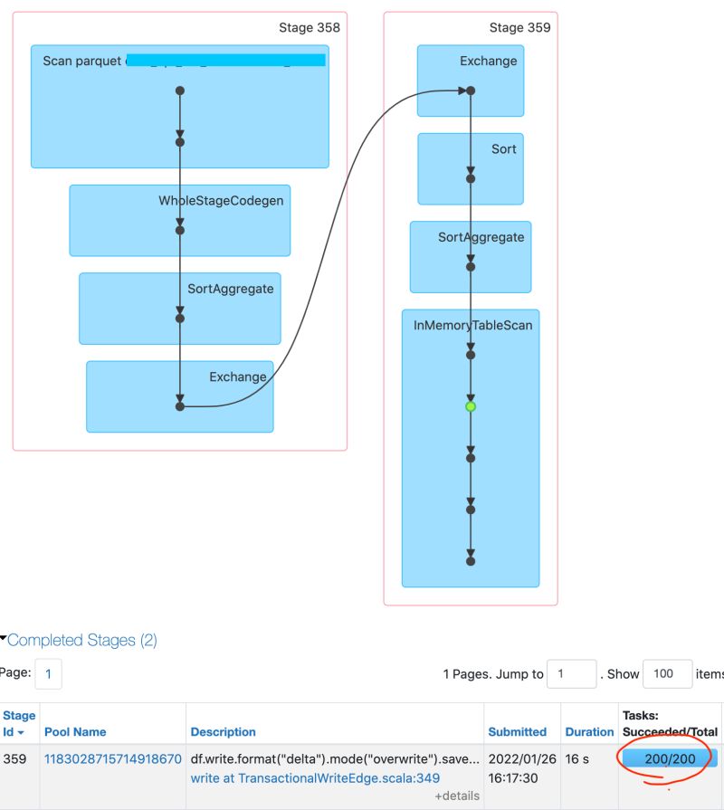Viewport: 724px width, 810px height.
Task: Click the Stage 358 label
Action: click(309, 27)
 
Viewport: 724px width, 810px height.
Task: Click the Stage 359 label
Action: click(519, 27)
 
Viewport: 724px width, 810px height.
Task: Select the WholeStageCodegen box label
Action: click(221, 201)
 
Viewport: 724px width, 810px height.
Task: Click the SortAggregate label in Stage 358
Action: click(230, 289)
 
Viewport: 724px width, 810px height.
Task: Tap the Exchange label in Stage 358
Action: click(238, 376)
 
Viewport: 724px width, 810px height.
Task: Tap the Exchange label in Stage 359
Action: click(488, 62)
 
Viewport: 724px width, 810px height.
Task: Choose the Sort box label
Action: click(503, 148)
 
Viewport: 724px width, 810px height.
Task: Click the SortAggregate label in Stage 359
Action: click(481, 237)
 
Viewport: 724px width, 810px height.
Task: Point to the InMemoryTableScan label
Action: click(472, 325)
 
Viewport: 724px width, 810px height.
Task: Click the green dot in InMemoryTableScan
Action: click(471, 407)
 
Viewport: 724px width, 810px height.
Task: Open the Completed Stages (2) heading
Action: click(81, 641)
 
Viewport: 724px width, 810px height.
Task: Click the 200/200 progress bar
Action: click(670, 758)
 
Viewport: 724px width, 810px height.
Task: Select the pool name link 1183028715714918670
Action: click(113, 758)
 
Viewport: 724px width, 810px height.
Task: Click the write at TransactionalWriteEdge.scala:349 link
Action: click(315, 777)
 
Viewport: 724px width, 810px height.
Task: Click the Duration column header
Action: click(589, 731)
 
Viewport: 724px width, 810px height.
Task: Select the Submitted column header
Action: click(517, 731)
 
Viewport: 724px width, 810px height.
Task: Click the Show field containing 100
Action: click(667, 674)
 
